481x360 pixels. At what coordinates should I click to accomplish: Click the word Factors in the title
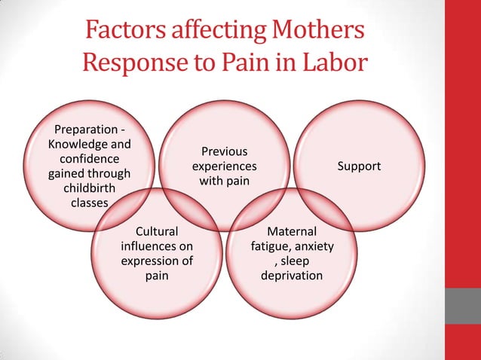pos(124,31)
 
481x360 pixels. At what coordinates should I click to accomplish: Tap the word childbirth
pos(89,188)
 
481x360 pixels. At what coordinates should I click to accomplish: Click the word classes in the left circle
pos(89,203)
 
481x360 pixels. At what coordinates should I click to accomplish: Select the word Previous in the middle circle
pos(224,151)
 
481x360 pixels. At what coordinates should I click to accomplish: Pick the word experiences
pos(224,166)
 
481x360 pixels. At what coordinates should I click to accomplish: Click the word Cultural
pos(156,231)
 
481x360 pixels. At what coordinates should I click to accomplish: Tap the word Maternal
pos(292,231)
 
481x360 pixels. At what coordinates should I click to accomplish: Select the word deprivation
pos(292,276)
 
